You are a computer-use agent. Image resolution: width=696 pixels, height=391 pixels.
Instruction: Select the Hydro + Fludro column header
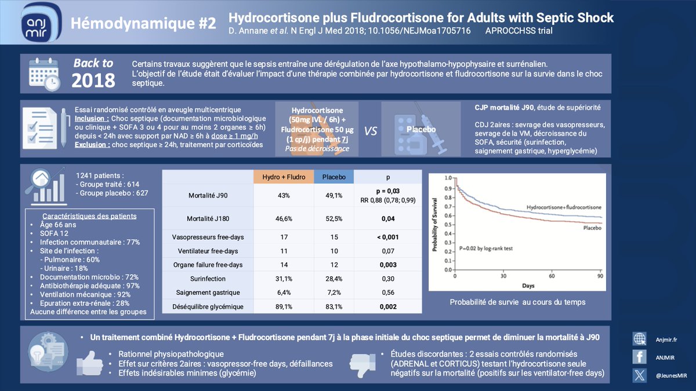coord(284,177)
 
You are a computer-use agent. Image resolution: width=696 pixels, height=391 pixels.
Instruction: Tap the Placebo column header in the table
coord(333,177)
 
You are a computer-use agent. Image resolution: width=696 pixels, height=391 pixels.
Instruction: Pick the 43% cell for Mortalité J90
coord(284,195)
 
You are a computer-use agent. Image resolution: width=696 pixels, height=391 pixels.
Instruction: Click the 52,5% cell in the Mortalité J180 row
coord(333,218)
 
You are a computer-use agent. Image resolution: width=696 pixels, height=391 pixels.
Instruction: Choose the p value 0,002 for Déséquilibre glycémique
coord(388,306)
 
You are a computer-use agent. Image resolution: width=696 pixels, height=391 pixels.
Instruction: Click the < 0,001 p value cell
coord(388,237)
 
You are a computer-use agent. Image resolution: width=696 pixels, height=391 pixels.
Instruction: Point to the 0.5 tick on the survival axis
coord(446,225)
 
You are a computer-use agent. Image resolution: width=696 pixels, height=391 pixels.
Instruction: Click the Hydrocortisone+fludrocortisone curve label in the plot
coord(563,207)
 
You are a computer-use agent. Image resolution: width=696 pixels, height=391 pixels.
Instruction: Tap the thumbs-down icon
coord(359,362)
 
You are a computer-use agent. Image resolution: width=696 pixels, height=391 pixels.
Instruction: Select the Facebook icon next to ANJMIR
coord(640,357)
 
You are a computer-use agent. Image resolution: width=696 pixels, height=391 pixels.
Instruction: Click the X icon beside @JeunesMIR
coord(640,375)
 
